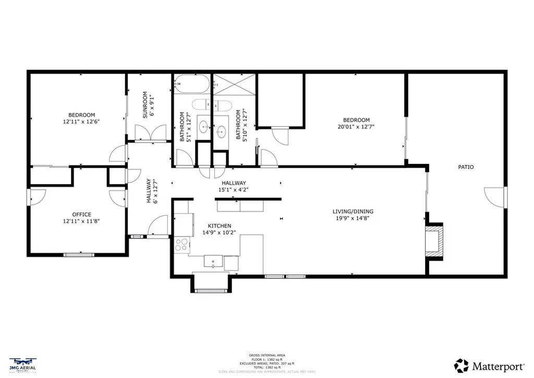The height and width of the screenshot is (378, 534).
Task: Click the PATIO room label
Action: [x=466, y=167]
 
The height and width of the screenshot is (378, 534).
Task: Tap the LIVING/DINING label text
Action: [x=353, y=211]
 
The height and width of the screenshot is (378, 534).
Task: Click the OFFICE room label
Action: [x=81, y=215]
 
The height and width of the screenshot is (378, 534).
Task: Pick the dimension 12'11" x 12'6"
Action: [x=81, y=121]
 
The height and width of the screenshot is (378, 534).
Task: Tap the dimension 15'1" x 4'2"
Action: [x=234, y=190]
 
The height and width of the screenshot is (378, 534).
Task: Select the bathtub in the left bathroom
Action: [x=191, y=83]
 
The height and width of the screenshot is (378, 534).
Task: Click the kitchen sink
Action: [x=214, y=261]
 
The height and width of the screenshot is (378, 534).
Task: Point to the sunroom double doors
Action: [x=150, y=133]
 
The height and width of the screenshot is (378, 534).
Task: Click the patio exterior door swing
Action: [x=494, y=196]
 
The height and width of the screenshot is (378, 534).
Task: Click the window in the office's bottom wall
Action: [x=79, y=255]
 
